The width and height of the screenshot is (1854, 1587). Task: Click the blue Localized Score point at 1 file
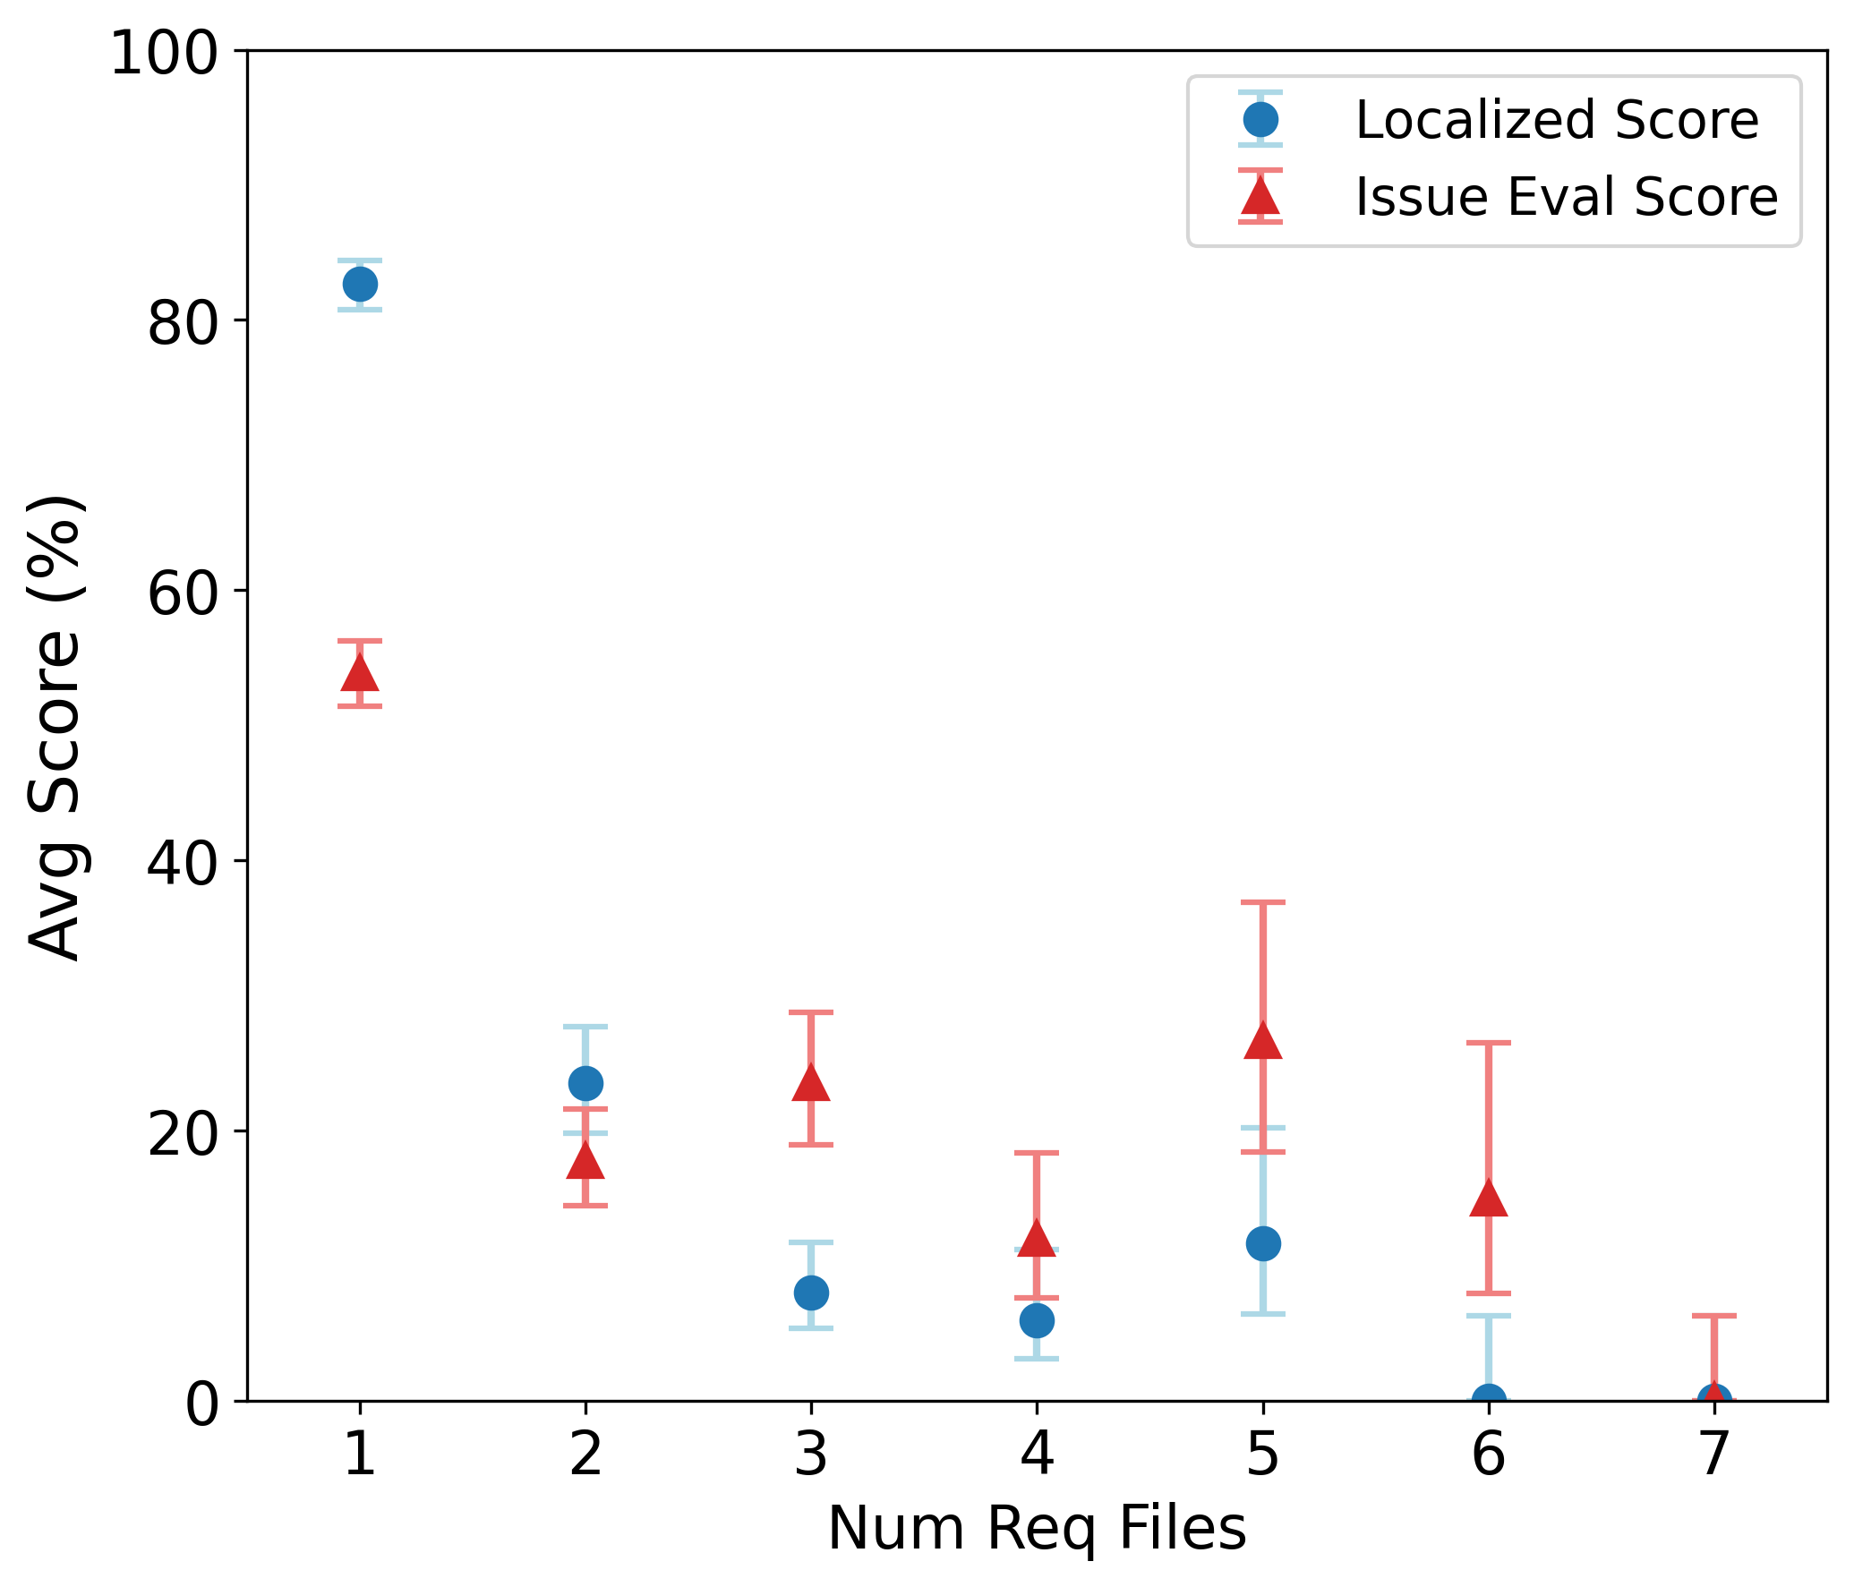(x=360, y=285)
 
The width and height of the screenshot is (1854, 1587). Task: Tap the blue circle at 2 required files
(x=585, y=1083)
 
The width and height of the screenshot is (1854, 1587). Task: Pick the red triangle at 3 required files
(x=811, y=1084)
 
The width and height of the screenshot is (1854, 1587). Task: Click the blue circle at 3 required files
(x=811, y=1293)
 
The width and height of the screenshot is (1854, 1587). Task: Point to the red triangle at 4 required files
(x=1037, y=1239)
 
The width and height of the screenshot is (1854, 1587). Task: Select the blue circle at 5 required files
(x=1262, y=1243)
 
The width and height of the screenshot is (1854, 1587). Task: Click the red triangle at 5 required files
(x=1262, y=1042)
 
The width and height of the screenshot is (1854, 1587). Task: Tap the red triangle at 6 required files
(x=1489, y=1199)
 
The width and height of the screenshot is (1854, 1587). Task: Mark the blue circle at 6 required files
(x=1489, y=1398)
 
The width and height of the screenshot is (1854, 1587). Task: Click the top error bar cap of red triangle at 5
(x=1262, y=902)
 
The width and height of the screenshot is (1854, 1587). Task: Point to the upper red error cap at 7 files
(x=1714, y=1316)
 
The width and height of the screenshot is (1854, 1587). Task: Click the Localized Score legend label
(x=1557, y=120)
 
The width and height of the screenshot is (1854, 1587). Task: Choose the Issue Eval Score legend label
(x=1566, y=197)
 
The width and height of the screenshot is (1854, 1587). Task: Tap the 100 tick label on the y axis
(x=164, y=53)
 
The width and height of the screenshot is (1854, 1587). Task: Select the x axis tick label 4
(x=1037, y=1455)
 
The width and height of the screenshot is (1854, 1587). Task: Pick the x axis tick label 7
(x=1714, y=1455)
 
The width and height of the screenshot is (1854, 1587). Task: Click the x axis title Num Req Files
(x=1037, y=1529)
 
